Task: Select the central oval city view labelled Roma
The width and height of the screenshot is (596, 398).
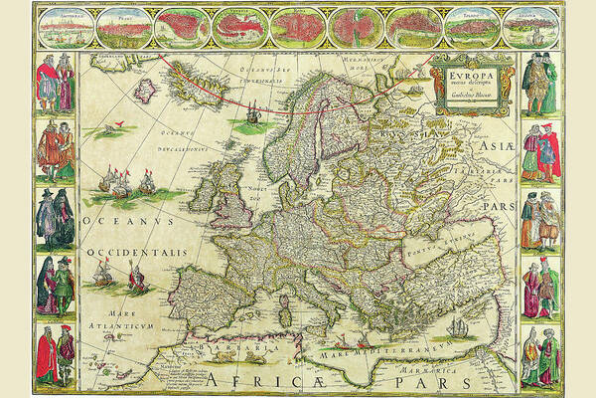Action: pyautogui.click(x=295, y=28)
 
